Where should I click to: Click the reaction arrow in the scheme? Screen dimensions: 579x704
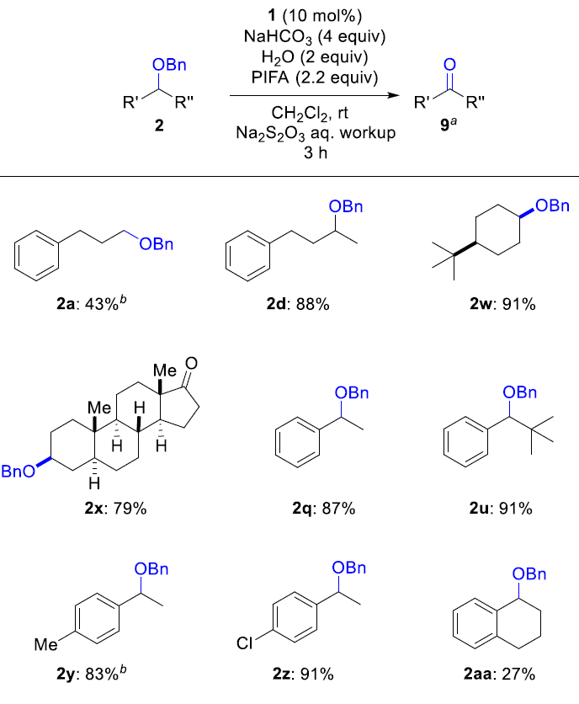point(314,95)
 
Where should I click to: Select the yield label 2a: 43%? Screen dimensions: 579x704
point(91,303)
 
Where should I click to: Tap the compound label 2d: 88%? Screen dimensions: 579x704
point(298,304)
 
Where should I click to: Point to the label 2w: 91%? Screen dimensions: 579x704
point(502,304)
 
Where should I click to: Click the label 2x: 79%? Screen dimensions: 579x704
point(116,509)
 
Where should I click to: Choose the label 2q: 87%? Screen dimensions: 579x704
point(324,509)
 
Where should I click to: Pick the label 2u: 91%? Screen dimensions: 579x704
point(501,509)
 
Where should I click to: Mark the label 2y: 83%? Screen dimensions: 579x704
point(91,673)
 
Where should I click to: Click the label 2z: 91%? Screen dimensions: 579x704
point(304,674)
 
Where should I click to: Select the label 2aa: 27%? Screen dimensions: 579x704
point(500,674)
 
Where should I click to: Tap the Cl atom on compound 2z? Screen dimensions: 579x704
point(245,644)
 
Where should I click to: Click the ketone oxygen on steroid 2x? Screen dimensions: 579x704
point(192,363)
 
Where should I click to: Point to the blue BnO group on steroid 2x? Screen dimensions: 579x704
point(18,471)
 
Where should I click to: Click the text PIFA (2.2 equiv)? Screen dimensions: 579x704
point(315,77)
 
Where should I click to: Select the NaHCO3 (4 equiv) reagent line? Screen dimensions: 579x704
point(315,37)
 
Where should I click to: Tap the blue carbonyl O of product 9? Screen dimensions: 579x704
point(449,64)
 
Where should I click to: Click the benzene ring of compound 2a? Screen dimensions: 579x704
point(36,255)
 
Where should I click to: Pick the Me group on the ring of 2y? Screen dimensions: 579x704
point(45,645)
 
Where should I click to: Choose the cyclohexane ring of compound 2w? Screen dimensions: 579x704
point(497,230)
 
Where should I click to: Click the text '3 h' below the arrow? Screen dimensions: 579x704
point(315,152)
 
